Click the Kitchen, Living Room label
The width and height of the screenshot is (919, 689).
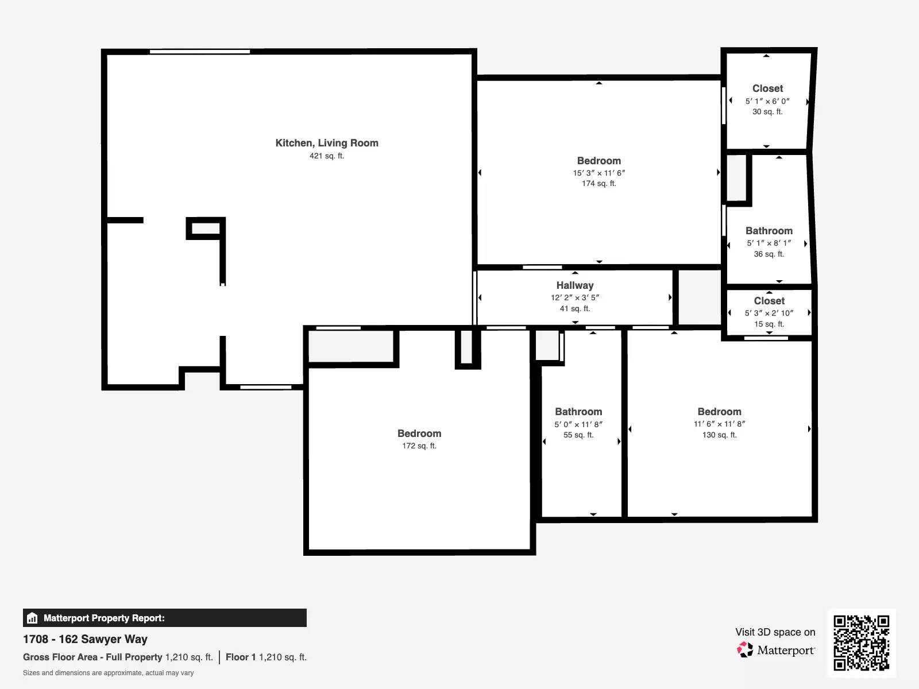(x=327, y=143)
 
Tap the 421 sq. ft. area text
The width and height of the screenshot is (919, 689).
(x=327, y=156)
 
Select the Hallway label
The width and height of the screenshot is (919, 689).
(x=575, y=285)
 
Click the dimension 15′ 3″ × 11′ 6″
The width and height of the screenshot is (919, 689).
(x=599, y=173)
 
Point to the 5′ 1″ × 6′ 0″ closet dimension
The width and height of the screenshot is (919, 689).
(x=767, y=101)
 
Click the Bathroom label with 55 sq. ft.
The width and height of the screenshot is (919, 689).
(x=578, y=412)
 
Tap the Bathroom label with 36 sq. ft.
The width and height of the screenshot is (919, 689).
(x=769, y=231)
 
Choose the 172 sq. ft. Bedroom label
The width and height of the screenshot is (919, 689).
(x=419, y=433)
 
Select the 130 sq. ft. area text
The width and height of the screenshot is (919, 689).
(x=719, y=435)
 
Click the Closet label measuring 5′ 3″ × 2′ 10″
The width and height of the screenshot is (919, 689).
(x=769, y=301)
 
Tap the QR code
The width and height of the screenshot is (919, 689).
(x=861, y=642)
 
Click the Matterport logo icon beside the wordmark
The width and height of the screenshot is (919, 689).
(x=745, y=649)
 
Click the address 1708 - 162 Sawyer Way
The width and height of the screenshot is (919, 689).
(x=85, y=639)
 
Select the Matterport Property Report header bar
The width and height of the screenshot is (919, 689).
(x=164, y=618)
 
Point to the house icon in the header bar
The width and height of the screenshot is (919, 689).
(x=32, y=618)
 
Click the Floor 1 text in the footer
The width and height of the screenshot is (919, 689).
(x=240, y=657)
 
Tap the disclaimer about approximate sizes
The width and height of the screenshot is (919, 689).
(x=108, y=673)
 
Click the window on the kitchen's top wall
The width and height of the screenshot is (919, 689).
(x=199, y=52)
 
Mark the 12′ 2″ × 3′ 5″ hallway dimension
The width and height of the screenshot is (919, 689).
(x=575, y=297)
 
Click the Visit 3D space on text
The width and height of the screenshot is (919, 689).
(x=775, y=632)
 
